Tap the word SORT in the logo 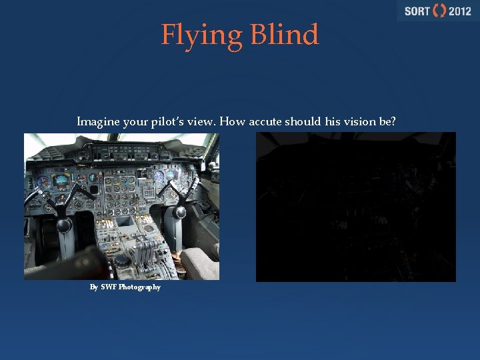(x=417, y=11)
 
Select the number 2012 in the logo (x=459, y=11)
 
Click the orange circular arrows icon (x=439, y=11)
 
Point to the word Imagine (x=97, y=122)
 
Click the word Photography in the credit (x=139, y=287)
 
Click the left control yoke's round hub (x=63, y=225)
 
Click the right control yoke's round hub (x=180, y=212)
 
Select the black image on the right (x=356, y=207)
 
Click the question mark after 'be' (x=393, y=122)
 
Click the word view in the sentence (x=203, y=122)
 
